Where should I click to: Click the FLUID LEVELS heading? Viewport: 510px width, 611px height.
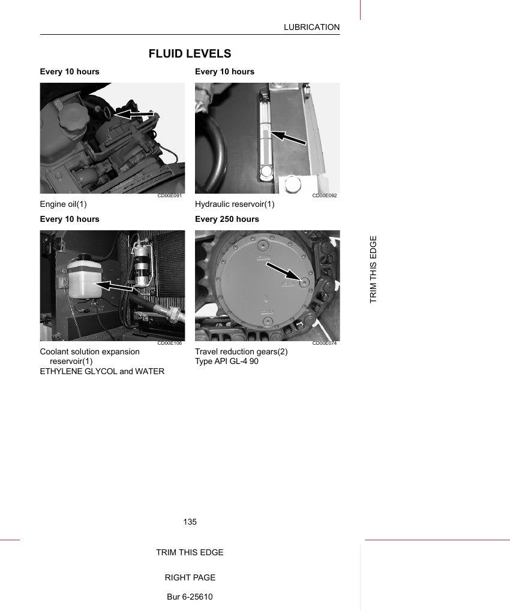(x=190, y=53)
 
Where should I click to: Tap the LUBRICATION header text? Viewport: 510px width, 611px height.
(x=311, y=27)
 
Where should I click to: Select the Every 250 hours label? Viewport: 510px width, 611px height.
(x=227, y=219)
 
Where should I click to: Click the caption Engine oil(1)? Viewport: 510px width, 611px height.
(x=63, y=204)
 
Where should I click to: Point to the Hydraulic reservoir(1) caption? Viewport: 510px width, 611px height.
(x=235, y=204)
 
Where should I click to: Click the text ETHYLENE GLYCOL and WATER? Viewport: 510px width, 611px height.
(x=102, y=371)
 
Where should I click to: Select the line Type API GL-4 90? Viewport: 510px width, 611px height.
(x=227, y=361)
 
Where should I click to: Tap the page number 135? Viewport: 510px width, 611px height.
(x=190, y=522)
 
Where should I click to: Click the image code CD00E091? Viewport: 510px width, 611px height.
(x=170, y=195)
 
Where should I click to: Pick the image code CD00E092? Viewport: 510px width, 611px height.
(x=325, y=195)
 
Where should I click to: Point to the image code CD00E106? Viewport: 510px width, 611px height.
(x=170, y=343)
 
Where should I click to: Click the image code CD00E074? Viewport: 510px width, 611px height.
(x=325, y=343)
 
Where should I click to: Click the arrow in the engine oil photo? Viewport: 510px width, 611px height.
(x=134, y=115)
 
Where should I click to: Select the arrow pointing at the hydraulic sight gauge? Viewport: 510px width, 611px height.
(x=288, y=138)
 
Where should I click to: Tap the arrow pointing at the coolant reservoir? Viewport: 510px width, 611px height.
(x=114, y=287)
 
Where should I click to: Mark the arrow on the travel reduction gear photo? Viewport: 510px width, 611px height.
(x=283, y=271)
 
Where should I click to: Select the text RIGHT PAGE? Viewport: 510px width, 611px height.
(x=190, y=577)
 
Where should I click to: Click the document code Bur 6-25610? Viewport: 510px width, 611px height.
(x=190, y=597)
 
